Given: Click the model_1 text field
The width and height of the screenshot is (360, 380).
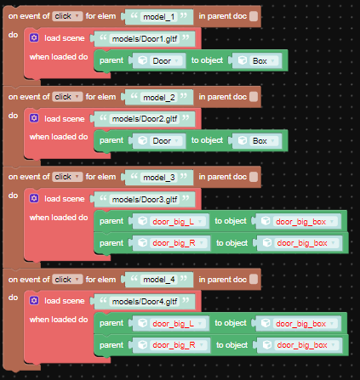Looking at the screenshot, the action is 159,17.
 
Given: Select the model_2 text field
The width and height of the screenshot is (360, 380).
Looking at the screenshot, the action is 159,97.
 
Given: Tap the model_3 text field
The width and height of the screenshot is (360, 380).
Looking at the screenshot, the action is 159,178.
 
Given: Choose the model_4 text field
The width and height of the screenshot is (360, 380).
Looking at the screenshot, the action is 159,280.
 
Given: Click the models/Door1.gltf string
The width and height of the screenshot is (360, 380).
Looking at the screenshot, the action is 145,39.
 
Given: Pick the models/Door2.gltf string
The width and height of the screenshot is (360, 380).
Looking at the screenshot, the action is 145,119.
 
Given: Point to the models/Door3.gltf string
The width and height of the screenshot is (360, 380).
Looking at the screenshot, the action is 145,200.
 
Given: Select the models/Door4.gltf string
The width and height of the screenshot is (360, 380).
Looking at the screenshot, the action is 145,302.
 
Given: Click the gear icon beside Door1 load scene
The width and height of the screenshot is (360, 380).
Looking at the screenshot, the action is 34,37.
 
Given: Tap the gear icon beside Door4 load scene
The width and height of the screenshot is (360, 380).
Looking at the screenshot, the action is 34,300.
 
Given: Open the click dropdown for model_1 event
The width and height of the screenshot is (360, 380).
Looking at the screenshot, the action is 67,16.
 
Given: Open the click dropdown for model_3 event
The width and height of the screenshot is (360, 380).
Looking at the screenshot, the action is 67,177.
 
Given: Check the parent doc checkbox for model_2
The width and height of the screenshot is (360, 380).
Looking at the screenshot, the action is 254,97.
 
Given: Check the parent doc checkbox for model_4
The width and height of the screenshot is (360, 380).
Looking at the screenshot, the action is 254,279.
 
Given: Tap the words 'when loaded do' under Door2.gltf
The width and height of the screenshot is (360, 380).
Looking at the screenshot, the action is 59,137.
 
